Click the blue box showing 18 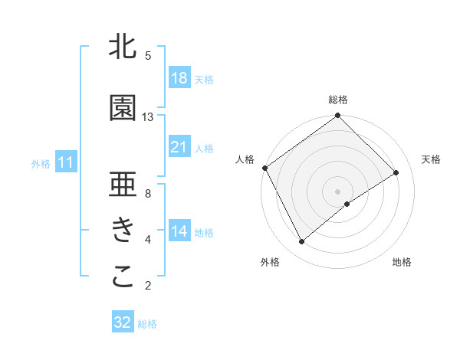179,78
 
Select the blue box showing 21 179,147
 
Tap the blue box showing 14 179,231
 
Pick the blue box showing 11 66,162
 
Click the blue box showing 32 123,322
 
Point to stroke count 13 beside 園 148,117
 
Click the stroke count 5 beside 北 147,56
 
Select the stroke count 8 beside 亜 147,194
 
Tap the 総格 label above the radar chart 337,100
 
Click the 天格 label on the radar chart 431,159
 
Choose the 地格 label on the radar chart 402,262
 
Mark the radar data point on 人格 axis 264,168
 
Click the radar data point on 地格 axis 347,204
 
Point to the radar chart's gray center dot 337,190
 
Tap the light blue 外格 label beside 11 41,163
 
